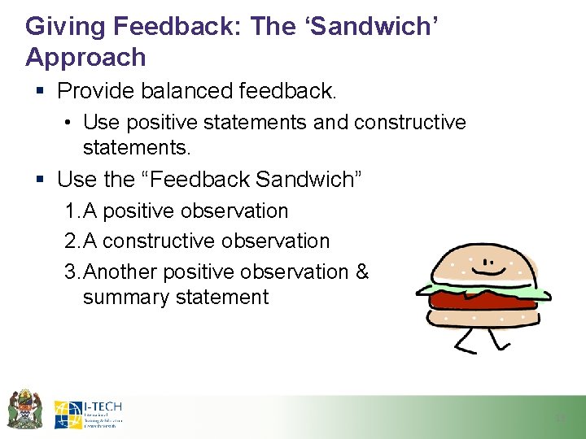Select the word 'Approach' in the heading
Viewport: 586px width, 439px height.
point(85,58)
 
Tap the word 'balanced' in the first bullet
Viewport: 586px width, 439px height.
point(190,91)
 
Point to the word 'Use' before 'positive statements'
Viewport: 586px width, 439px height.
point(101,123)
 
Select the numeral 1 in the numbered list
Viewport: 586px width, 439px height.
point(71,211)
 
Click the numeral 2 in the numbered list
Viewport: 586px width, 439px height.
point(71,241)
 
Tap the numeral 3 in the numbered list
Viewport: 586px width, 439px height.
point(71,272)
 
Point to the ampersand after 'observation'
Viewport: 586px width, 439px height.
point(362,272)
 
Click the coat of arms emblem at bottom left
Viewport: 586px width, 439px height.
point(24,409)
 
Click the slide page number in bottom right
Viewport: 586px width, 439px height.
point(559,418)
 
